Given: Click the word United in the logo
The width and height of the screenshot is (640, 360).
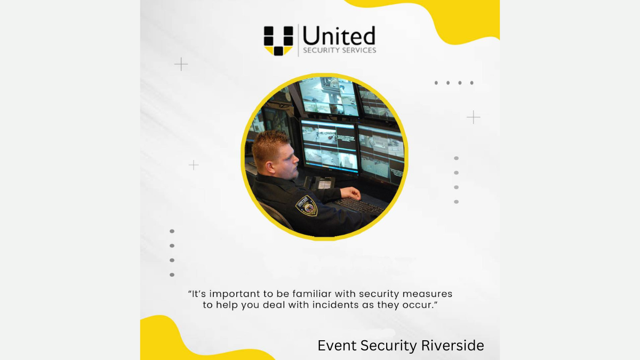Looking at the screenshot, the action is coord(339,36).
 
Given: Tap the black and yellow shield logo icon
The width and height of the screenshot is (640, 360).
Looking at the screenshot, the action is coord(278,41).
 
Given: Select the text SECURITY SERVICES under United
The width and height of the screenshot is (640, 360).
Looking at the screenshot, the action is coord(339,50).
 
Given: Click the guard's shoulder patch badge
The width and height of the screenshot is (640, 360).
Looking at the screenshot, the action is coord(307,205).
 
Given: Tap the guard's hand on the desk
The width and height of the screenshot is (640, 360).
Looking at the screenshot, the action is coord(351,194).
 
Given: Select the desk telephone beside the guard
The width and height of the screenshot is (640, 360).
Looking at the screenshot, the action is coord(320,182).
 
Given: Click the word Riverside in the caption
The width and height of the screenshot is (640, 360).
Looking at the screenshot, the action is coord(453,346).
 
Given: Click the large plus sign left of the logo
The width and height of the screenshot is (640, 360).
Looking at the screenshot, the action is coord(181,64).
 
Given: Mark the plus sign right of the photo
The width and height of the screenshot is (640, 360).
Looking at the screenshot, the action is coord(474,117).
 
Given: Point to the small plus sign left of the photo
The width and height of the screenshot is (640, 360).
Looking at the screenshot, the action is coord(194,165).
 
